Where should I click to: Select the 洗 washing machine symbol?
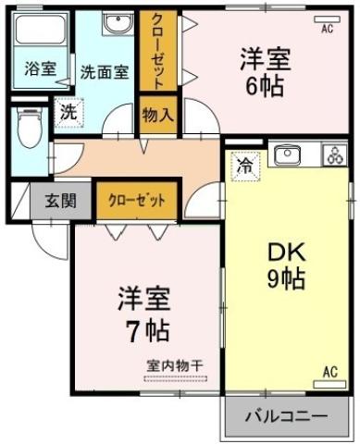coord(68,109)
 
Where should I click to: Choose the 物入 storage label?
coord(157,115)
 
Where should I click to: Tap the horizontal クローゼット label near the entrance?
coord(137,199)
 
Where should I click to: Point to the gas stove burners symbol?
coord(332,155)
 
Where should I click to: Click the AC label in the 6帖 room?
coord(327,29)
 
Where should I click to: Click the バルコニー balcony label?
coord(286,416)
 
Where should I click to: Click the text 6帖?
coord(266,86)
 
